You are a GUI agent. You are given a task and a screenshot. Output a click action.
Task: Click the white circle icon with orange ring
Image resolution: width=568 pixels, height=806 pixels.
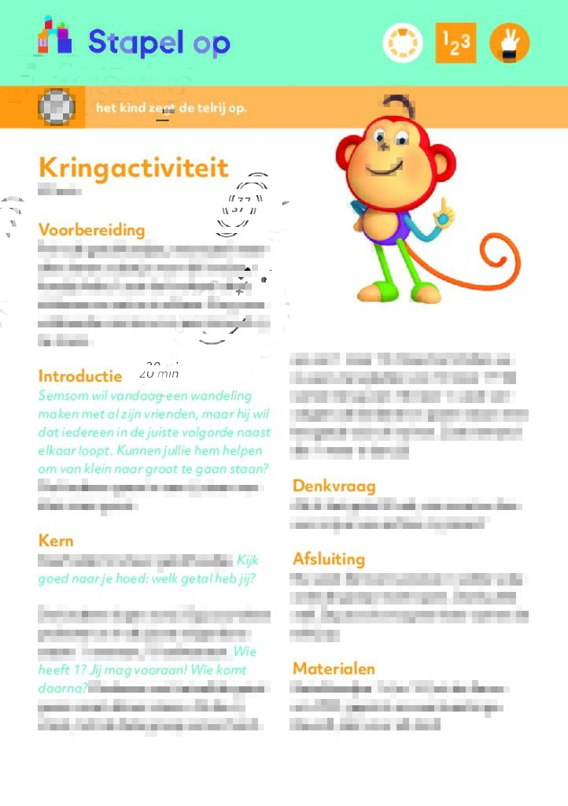coord(403,43)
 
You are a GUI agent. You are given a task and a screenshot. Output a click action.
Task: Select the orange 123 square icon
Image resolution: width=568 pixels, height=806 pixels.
coord(456,43)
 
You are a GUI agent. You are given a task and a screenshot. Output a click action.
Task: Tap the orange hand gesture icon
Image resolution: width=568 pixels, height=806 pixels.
coord(509,43)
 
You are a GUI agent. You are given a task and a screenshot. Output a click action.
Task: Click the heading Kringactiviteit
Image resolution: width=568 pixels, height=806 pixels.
coord(134,168)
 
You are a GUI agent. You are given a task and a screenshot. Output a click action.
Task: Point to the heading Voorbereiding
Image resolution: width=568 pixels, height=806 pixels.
coord(92,230)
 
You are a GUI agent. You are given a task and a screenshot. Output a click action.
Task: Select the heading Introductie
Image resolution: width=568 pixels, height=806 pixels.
coord(80,376)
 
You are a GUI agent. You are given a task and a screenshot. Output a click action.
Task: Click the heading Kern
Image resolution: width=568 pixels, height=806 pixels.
coord(56,540)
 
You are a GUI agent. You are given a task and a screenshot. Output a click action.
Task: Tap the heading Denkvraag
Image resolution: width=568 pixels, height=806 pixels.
coord(334,486)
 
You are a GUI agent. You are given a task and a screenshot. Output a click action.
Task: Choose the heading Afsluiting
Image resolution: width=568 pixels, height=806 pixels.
coord(329,559)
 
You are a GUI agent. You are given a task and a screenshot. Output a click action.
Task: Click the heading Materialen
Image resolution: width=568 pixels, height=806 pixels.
coord(334,668)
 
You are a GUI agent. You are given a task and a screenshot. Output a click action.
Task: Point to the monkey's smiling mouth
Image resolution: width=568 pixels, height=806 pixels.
coord(384,170)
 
